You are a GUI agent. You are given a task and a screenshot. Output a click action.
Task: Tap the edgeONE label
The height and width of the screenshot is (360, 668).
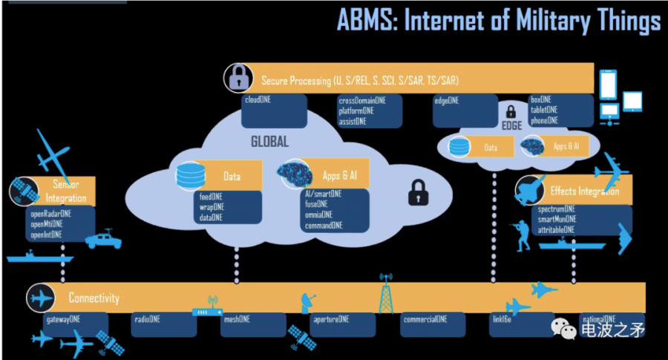pos(447,100)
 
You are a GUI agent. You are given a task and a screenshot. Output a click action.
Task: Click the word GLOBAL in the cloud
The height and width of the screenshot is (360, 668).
pos(269,142)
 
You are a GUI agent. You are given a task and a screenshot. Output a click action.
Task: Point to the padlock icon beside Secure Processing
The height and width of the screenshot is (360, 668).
pos(238,78)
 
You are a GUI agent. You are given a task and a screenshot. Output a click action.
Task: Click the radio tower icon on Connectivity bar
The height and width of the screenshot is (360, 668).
pos(385,293)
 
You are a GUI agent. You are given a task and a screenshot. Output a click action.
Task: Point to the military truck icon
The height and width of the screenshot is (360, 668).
pos(103,239)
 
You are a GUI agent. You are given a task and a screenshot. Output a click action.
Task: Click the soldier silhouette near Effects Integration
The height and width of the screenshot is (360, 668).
pos(520,233)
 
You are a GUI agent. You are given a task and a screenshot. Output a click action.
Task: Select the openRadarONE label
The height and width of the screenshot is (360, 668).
pos(50,213)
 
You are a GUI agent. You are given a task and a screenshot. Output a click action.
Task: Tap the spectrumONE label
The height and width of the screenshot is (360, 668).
pos(557,210)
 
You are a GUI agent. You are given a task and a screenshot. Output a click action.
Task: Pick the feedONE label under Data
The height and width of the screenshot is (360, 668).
pos(212,197)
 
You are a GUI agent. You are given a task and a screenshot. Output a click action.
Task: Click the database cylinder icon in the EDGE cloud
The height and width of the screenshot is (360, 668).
pos(460,147)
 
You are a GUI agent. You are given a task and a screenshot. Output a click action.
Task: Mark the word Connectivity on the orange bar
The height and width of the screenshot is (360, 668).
pos(94,298)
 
